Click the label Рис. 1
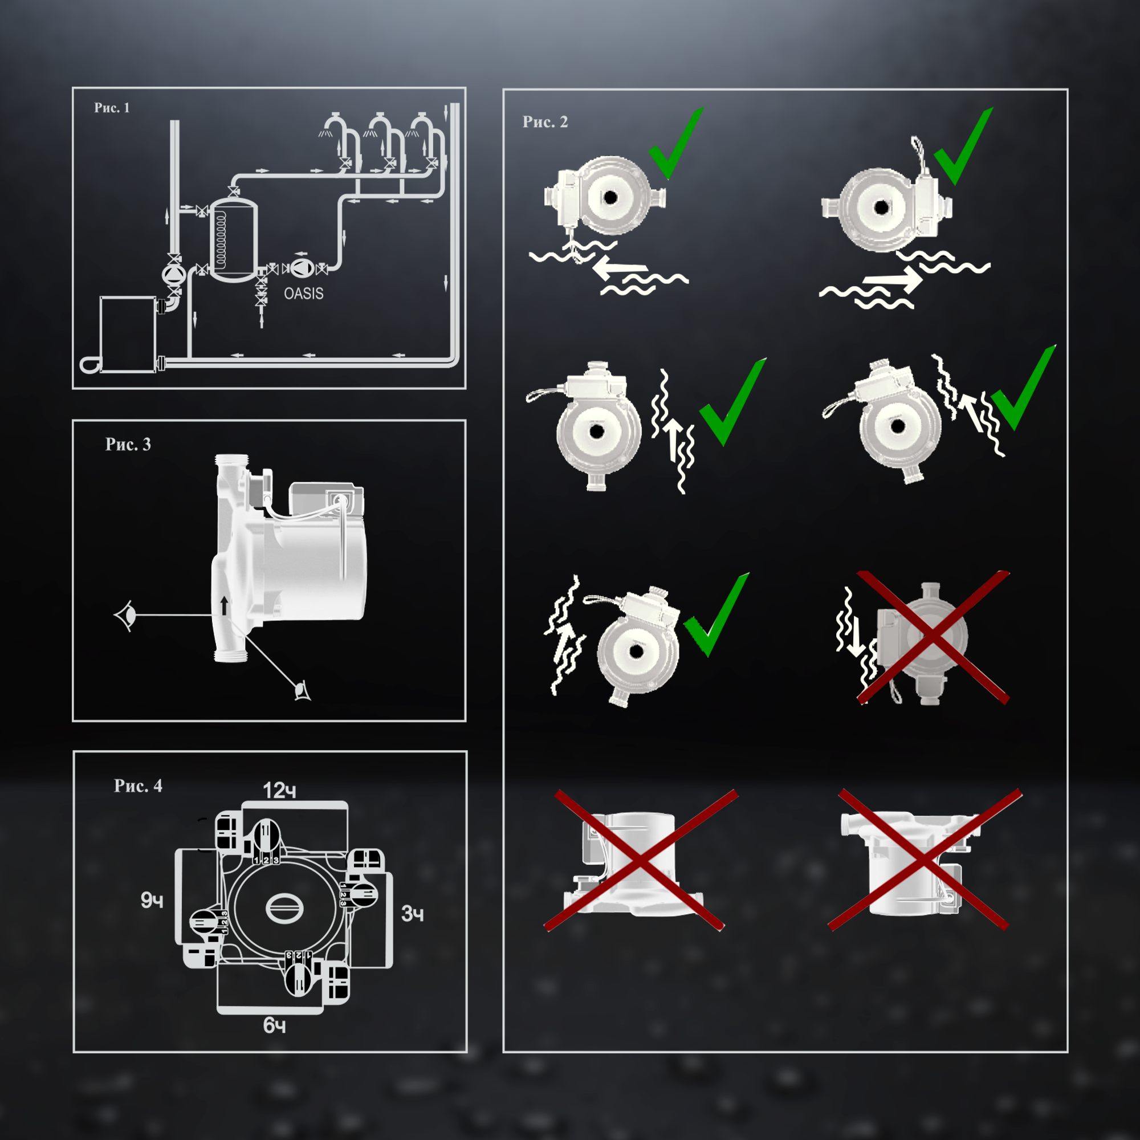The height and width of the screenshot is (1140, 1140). [x=112, y=107]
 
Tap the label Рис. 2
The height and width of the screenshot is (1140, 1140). [x=544, y=121]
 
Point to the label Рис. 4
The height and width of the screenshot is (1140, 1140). [x=137, y=785]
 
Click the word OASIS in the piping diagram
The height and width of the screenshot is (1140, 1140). [x=303, y=293]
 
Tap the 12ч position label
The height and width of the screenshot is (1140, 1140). [x=279, y=790]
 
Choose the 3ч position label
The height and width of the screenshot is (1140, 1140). [x=413, y=913]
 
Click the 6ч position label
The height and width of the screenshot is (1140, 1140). [x=274, y=1025]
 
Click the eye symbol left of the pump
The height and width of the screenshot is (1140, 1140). [x=125, y=616]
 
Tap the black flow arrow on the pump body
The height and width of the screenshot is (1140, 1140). [x=224, y=605]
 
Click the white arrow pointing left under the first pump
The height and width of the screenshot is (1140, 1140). [x=620, y=268]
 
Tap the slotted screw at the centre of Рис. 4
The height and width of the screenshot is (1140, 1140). [x=284, y=908]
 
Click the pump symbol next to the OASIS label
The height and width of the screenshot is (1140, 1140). [x=302, y=268]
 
